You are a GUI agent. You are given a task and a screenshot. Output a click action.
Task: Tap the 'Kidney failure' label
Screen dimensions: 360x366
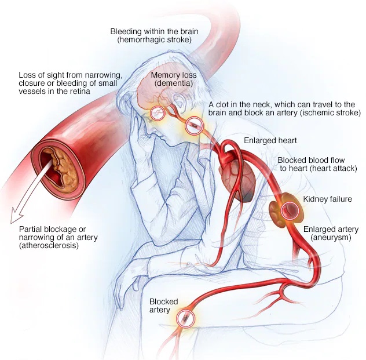tap(327, 199)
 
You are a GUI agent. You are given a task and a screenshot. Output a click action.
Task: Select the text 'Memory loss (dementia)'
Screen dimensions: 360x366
tap(174, 80)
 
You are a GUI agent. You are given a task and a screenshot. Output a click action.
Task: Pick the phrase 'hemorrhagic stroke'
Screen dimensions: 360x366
tap(151, 40)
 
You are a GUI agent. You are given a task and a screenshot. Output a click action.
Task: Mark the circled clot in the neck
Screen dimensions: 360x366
tap(194, 124)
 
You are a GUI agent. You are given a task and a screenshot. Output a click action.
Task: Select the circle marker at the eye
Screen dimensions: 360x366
tap(158, 113)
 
